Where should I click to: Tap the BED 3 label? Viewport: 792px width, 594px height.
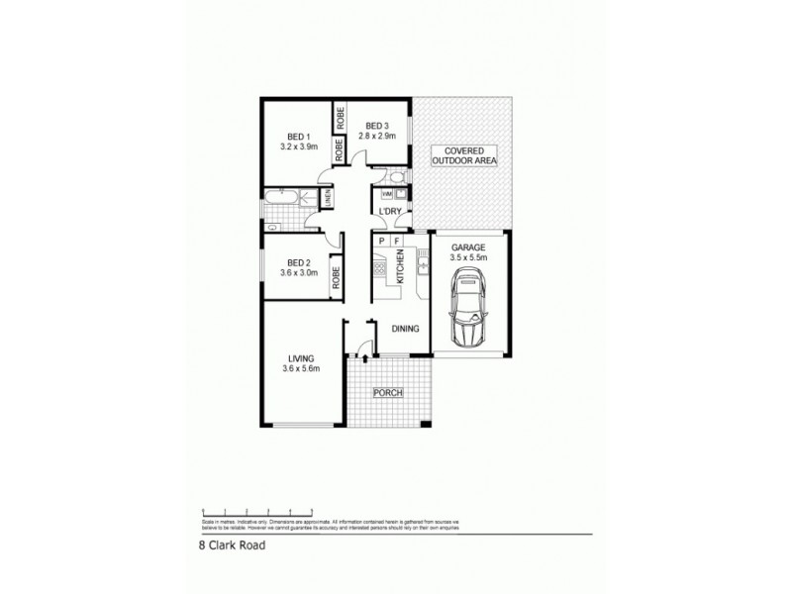pos(375,126)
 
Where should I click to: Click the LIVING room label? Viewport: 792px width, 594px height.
pos(301,357)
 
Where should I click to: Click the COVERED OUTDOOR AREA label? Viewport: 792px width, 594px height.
pos(464,155)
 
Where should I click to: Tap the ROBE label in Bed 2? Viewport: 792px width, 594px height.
pos(338,276)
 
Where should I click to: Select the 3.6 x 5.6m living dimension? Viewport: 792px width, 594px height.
pos(301,371)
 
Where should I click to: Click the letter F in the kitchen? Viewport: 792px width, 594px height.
pos(397,240)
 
